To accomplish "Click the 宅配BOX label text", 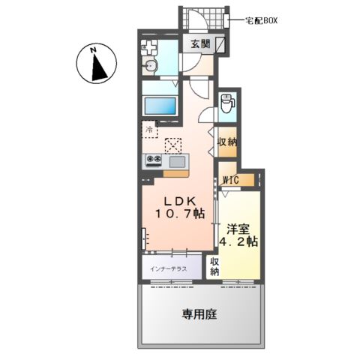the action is coord(261,21).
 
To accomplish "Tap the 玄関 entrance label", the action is coord(200,44).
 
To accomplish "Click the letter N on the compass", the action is coord(94,50).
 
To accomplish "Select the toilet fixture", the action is coord(227,103).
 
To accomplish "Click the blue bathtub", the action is coord(160,106).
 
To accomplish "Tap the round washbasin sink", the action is coord(151,66).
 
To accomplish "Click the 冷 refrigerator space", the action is coord(150,129).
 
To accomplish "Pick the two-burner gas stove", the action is coord(154,160).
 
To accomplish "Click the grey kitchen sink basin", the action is coord(178,161).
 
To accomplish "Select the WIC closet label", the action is coord(231,180).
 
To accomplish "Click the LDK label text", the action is coord(180,201).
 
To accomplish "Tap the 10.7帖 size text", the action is coord(180,214).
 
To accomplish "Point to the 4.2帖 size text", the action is coord(238,241).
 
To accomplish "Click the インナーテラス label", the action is coord(169,269).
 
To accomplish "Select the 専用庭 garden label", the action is coord(199,314).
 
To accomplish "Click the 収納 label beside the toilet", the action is coord(228,142).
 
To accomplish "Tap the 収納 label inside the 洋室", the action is coord(214,266).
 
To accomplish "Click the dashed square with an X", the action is coord(173,145).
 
